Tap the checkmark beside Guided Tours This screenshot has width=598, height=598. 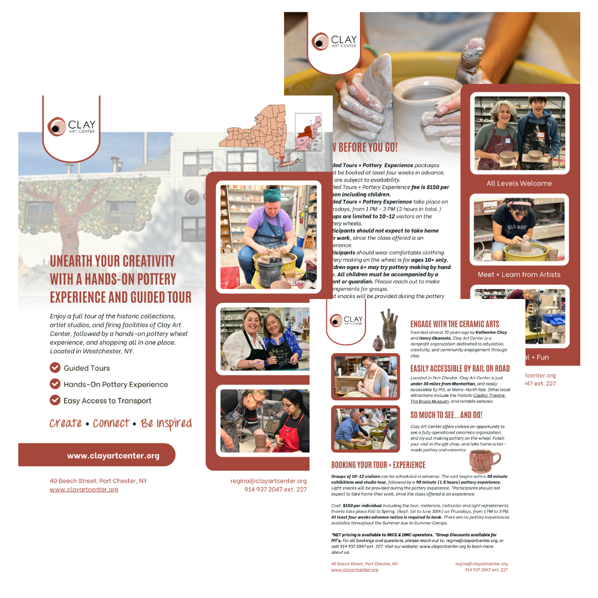pyautogui.click(x=55, y=368)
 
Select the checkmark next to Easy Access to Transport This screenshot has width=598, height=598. pyautogui.click(x=55, y=400)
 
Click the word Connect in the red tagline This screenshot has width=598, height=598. pyautogui.click(x=111, y=424)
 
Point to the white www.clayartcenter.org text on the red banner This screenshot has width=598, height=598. pyautogui.click(x=113, y=456)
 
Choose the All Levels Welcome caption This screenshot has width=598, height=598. pyautogui.click(x=519, y=183)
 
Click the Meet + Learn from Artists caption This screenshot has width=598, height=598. pyautogui.click(x=519, y=274)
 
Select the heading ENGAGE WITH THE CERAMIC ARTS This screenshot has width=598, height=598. pyautogui.click(x=455, y=324)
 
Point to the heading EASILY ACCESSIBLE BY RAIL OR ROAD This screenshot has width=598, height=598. pyautogui.click(x=460, y=368)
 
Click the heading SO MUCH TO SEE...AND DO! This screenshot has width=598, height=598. pyautogui.click(x=446, y=414)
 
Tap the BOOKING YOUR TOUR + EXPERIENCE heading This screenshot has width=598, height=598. pyautogui.click(x=378, y=465)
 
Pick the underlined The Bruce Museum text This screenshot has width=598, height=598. pyautogui.click(x=430, y=401)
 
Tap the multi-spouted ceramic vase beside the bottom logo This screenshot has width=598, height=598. pyautogui.click(x=388, y=328)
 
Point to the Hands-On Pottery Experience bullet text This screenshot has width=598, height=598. pyautogui.click(x=116, y=384)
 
